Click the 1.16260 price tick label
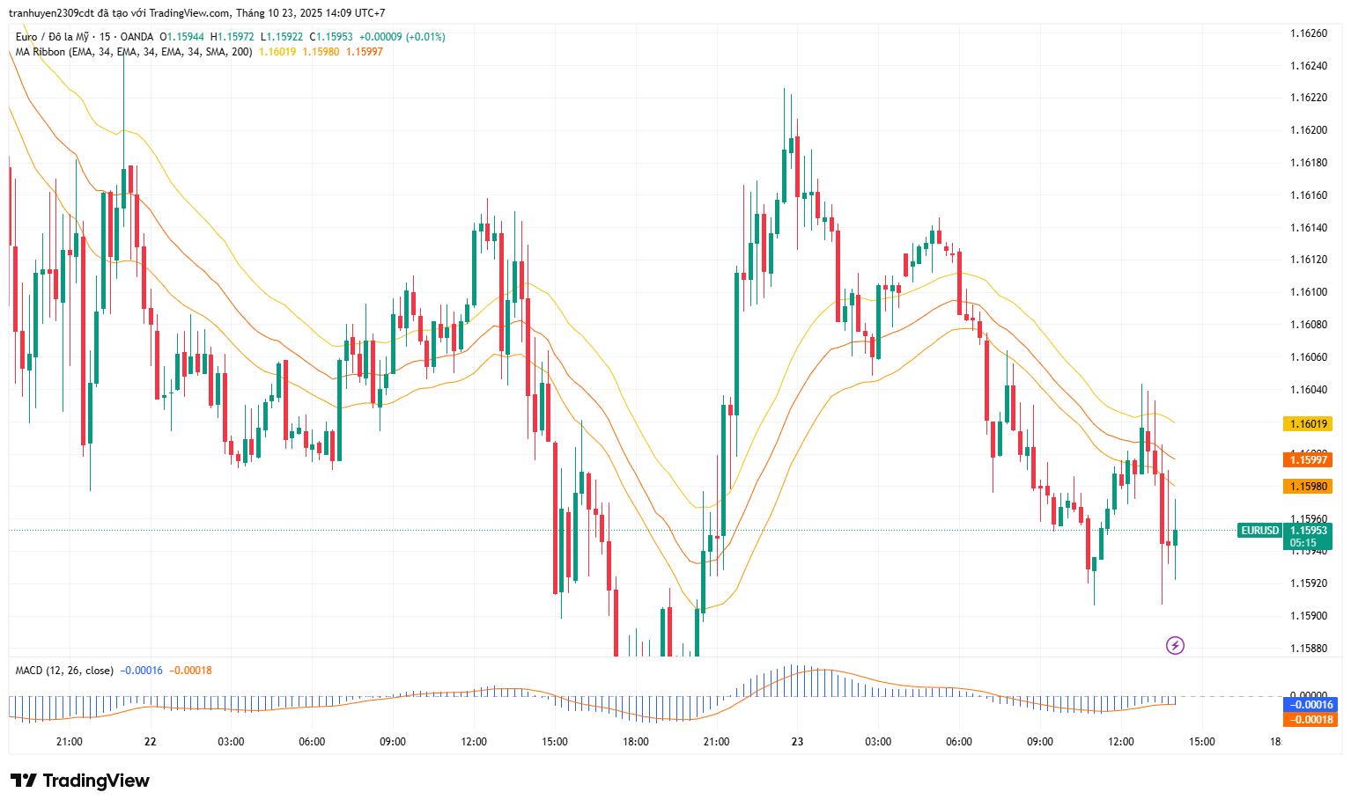pos(1308,33)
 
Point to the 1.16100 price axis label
pos(1308,292)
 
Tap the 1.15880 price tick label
pos(1308,649)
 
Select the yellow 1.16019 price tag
pos(1308,424)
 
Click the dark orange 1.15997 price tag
pos(1308,460)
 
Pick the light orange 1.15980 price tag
pos(1308,487)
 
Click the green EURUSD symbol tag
pos(1259,531)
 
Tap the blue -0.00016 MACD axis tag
pos(1310,705)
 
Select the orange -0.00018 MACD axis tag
pos(1310,720)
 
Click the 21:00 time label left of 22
pos(69,742)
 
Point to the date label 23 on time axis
pos(797,742)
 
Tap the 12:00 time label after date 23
pos(1120,742)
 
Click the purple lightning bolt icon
pos(1175,646)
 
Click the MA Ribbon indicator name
pos(41,52)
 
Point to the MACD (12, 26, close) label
pos(64,671)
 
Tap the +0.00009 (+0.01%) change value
pos(402,37)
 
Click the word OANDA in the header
pos(137,37)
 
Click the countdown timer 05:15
pos(1303,543)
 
